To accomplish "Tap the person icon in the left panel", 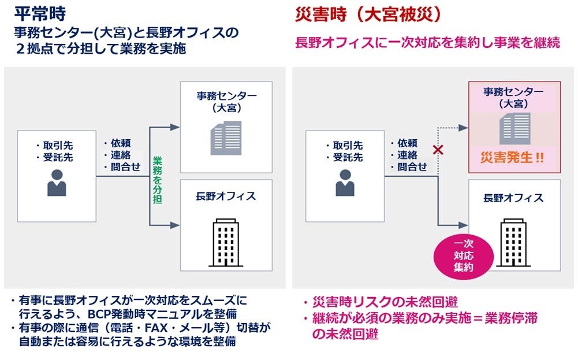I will pyautogui.click(x=57, y=183).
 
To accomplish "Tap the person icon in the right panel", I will pyautogui.click(x=345, y=183).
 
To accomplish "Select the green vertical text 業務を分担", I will pyautogui.click(x=156, y=180).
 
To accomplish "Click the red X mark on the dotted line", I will pyautogui.click(x=438, y=151).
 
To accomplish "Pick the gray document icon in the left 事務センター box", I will pyautogui.click(x=226, y=138).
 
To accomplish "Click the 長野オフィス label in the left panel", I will pyautogui.click(x=226, y=196).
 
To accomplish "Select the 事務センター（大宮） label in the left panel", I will pyautogui.click(x=226, y=102).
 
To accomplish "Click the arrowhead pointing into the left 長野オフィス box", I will pyautogui.click(x=174, y=225).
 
